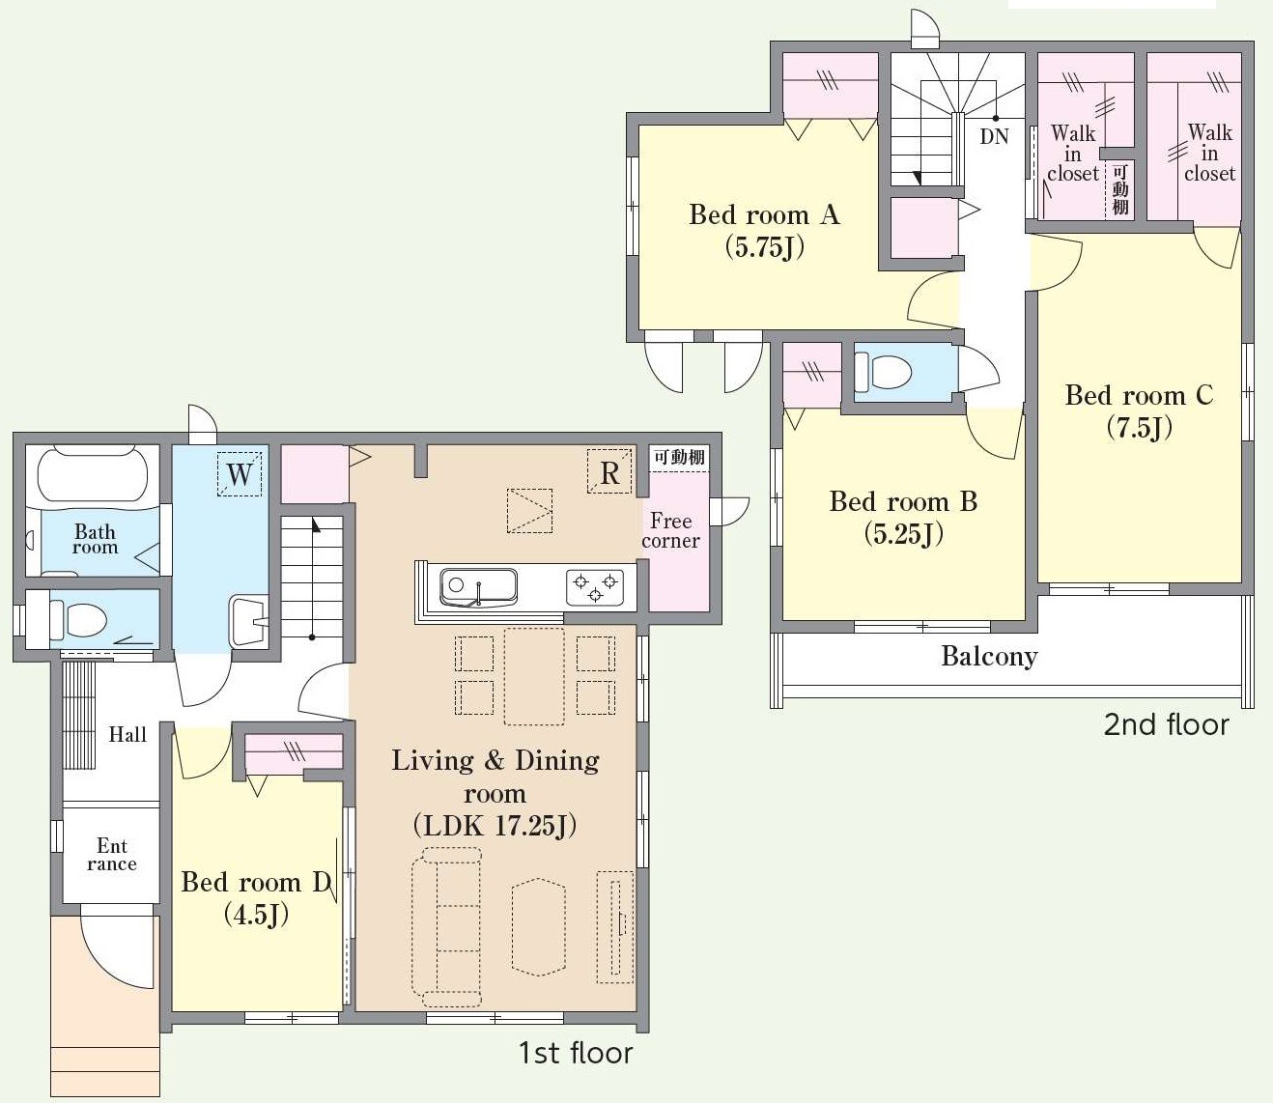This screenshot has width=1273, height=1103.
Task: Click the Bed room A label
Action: tap(764, 215)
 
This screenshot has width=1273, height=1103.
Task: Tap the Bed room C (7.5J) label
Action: tap(1139, 410)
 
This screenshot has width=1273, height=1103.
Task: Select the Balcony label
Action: tap(989, 657)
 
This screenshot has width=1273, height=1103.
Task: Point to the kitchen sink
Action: tap(478, 587)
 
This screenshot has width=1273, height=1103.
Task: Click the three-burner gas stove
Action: tap(594, 586)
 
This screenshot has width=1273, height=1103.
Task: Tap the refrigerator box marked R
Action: tap(609, 472)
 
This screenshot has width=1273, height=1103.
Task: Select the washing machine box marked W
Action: tap(239, 474)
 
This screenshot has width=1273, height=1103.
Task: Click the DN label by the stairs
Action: tap(994, 136)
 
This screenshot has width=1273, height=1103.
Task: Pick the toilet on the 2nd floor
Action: tap(883, 371)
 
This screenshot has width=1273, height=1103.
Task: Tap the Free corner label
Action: tap(670, 530)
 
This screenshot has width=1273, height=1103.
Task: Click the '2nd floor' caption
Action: tap(1166, 724)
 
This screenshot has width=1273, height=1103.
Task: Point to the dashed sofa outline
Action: tap(446, 922)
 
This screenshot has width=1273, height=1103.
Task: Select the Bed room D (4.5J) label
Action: tap(257, 898)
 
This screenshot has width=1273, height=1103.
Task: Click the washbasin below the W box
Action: tap(249, 621)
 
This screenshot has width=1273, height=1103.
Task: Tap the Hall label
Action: tap(127, 734)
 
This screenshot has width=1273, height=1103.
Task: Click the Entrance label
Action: tap(111, 855)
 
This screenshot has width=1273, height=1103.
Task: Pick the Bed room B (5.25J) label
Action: tap(903, 518)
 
